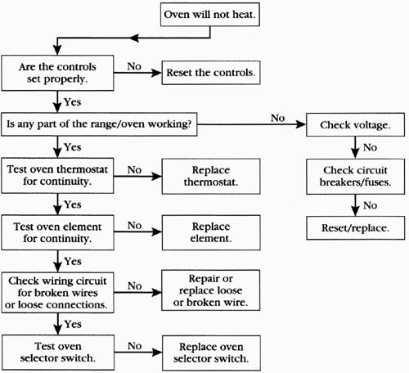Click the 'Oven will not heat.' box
[x=210, y=15]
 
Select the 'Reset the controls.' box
[x=211, y=73]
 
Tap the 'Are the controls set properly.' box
[x=57, y=73]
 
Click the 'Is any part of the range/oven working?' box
[x=99, y=124]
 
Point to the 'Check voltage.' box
[x=355, y=124]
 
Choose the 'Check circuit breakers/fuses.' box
[x=355, y=177]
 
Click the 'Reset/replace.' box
[x=356, y=228]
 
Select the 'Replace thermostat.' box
[x=211, y=176]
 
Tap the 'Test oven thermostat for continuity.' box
[x=57, y=176]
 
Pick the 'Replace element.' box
[x=211, y=232]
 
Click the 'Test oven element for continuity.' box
[x=57, y=232]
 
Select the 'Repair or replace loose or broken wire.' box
[x=211, y=290]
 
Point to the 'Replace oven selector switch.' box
[x=211, y=353]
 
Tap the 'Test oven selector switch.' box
[x=58, y=353]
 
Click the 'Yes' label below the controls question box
[x=73, y=102]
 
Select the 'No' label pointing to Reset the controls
[x=134, y=66]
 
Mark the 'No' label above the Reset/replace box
[x=371, y=205]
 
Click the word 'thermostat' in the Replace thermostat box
[x=211, y=182]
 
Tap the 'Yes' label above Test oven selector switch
[x=73, y=324]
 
